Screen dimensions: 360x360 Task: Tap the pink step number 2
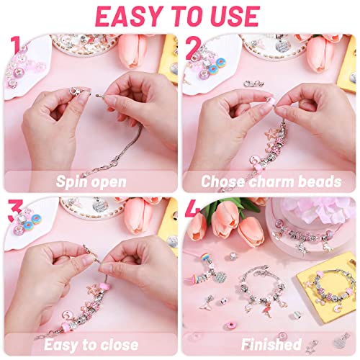click(193, 49)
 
